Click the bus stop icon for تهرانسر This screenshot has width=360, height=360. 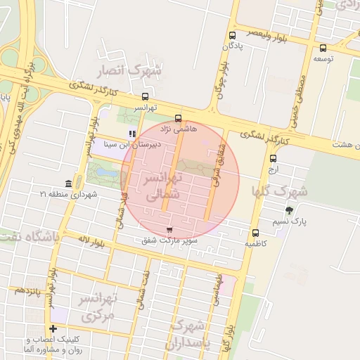145,96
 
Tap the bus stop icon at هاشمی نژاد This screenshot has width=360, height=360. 178,118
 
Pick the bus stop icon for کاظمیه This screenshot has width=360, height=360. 255,233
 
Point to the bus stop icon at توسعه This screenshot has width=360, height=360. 323,49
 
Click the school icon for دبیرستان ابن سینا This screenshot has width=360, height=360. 131,133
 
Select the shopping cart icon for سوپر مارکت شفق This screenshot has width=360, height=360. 169,230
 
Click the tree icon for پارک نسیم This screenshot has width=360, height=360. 289,210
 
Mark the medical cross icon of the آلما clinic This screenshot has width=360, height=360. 53,329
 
